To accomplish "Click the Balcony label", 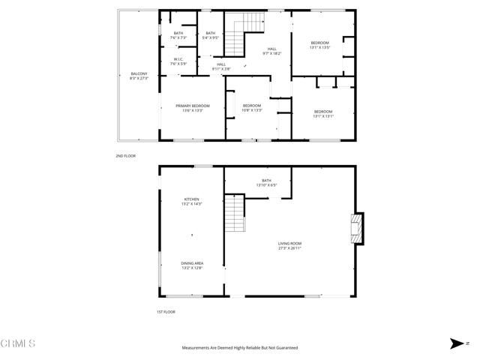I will [139, 75].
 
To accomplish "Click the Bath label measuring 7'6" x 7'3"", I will [178, 34].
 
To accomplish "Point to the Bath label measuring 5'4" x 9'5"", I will [211, 34].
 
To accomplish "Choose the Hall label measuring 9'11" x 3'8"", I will [221, 66].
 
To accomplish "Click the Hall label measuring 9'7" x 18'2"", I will [271, 51].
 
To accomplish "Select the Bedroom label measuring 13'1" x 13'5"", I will [320, 45].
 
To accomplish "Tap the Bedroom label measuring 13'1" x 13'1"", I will [323, 114].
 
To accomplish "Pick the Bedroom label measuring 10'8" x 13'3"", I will [252, 107].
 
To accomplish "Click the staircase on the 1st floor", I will [235, 214].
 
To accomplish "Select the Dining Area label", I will [192, 265].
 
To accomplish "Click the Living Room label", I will [289, 245].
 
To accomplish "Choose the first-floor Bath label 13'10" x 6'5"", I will [266, 182].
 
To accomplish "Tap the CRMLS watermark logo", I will [18, 343].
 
